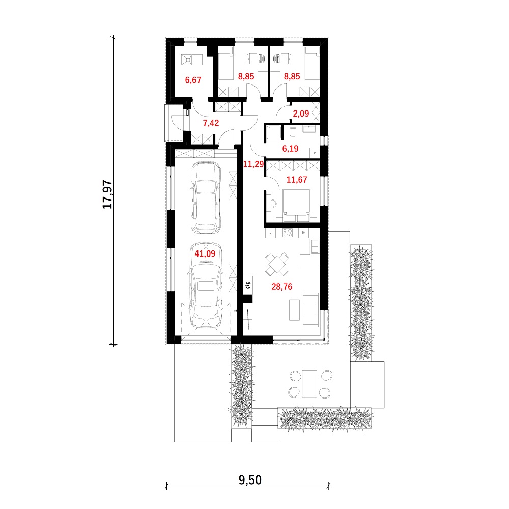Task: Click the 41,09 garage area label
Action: coord(205,253)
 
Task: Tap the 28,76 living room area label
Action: coord(282,286)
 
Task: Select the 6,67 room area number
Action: coord(193,80)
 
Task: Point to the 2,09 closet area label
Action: coord(301,114)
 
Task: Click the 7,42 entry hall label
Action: coord(211,123)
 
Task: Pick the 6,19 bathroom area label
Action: coord(290,149)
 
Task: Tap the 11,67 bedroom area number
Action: coord(297,180)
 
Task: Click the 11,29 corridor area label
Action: coord(253,164)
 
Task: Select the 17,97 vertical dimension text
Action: coord(107,194)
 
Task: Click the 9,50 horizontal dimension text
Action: coord(250,480)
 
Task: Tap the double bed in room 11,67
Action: coord(296,206)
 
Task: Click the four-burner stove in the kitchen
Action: coord(287,233)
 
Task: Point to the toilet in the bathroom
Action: coord(293,131)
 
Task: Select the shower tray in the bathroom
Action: coord(274,133)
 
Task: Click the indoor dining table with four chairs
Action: coord(277,264)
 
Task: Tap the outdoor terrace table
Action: coord(309,384)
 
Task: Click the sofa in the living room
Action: coord(310,309)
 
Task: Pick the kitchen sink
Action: coord(315,246)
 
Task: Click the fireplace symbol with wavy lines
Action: coord(248,286)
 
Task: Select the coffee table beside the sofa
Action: coord(294,310)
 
